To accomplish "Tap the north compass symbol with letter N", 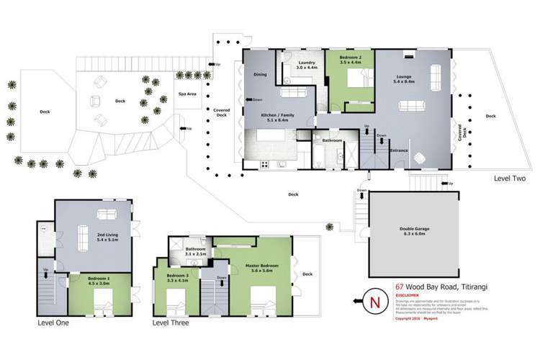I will coord(372,300).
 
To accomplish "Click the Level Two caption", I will coord(510,176).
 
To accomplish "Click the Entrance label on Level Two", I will coord(400,150).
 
